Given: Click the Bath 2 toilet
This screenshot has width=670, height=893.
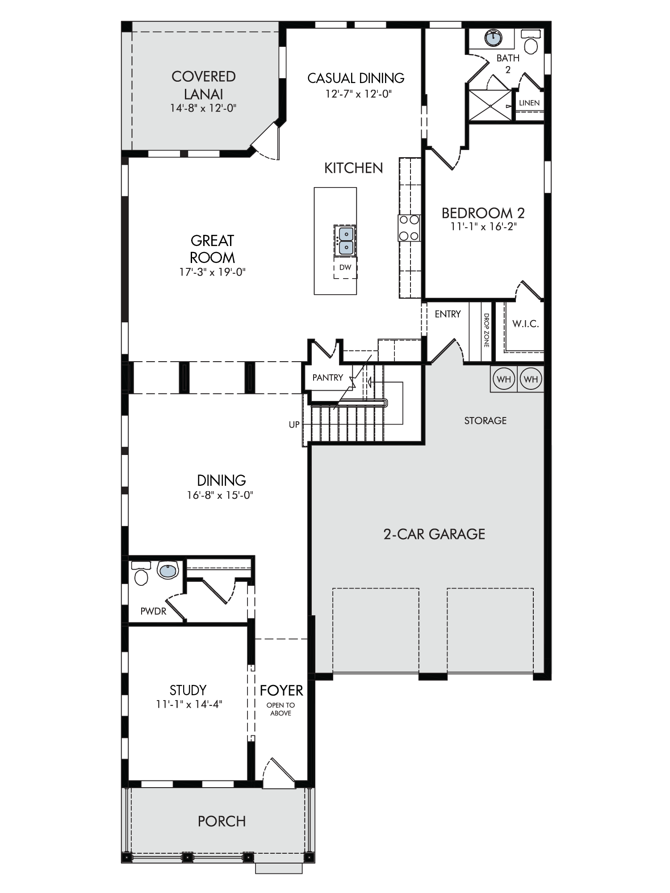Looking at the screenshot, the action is (x=531, y=42).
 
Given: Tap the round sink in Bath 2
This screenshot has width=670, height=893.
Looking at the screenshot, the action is (x=493, y=38).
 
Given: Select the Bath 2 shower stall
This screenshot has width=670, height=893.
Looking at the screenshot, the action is (x=490, y=105).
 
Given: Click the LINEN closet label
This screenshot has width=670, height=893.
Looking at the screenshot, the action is (x=529, y=103).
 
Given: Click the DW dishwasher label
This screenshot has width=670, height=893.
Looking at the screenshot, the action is (x=345, y=267).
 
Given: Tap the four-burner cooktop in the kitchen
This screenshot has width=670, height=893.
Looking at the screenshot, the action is (x=409, y=228).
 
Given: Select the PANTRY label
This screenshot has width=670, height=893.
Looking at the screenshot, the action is (x=328, y=378).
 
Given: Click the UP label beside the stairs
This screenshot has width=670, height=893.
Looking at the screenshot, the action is (x=294, y=425).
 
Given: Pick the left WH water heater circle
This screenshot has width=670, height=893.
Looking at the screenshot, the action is (x=503, y=379).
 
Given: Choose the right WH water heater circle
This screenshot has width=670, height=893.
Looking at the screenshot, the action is (x=531, y=379).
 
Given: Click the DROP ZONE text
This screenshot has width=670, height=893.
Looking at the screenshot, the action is (x=486, y=330).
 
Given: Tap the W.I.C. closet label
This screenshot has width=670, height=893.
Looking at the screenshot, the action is (x=525, y=324).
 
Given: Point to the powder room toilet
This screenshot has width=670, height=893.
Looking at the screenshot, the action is (x=141, y=574).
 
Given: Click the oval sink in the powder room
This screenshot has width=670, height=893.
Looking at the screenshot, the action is (x=168, y=570).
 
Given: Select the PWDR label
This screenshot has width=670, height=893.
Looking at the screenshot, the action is (x=153, y=611).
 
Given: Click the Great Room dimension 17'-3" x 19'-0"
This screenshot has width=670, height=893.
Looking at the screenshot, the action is (x=213, y=272).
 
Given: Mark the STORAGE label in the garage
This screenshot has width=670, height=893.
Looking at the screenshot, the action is (x=486, y=421).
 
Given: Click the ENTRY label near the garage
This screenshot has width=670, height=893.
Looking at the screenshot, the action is (x=448, y=314).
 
